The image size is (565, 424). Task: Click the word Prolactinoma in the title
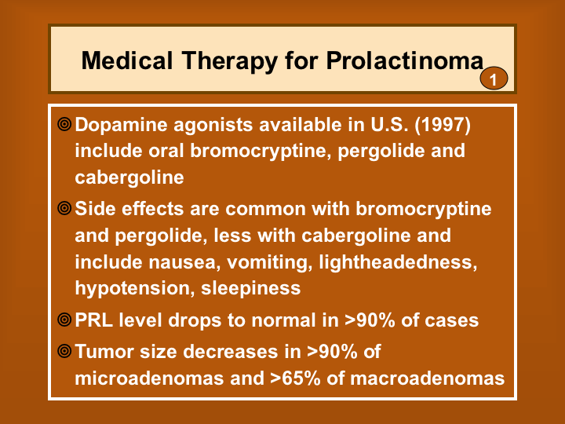405,60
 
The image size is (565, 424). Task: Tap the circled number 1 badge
494,79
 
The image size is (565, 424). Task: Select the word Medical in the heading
127,60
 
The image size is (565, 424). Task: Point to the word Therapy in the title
229,61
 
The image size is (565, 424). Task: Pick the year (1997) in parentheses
443,125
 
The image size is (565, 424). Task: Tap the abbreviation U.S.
389,125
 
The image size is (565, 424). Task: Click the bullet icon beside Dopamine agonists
64,124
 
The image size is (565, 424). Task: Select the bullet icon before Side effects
64,208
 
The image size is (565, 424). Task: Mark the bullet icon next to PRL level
64,320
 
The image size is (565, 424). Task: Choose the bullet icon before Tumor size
64,351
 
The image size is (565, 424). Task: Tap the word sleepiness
251,289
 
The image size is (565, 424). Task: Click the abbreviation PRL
93,320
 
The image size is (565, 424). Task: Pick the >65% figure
295,378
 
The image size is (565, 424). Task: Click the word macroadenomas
428,378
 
